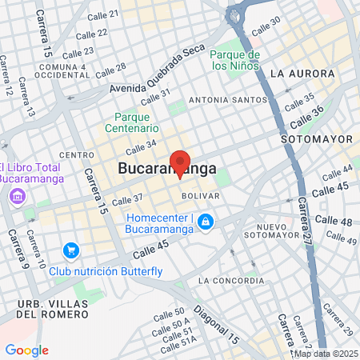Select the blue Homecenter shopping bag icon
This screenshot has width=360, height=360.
pos(206,221)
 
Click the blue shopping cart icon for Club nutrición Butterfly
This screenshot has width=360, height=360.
pos(71,250)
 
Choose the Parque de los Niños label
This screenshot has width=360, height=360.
pos(235,60)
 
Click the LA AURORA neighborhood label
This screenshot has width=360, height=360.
pos(302,73)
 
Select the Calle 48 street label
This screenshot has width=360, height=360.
pos(334,220)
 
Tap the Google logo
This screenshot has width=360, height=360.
pos(26,350)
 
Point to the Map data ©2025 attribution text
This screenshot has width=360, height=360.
pos(326,354)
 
